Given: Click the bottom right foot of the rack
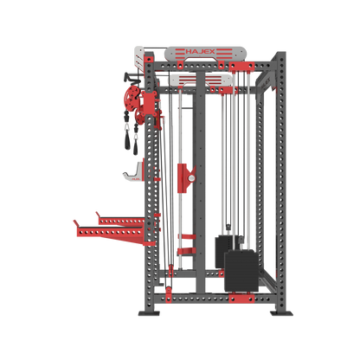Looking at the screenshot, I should (x=280, y=311).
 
